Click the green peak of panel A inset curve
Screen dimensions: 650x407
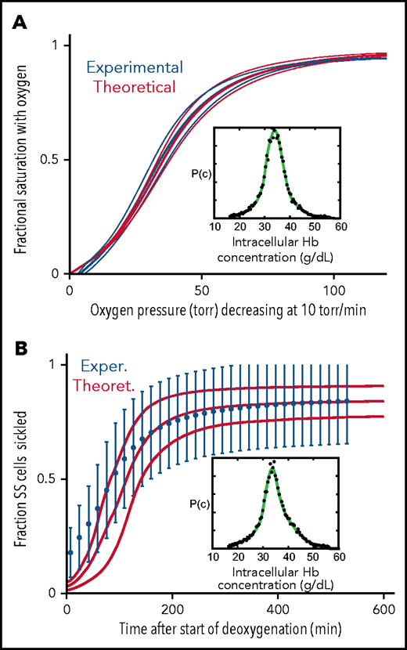tap(274, 131)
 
